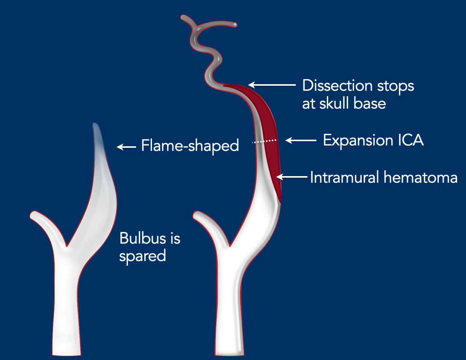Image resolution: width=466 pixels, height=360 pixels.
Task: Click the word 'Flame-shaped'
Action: tap(190, 146)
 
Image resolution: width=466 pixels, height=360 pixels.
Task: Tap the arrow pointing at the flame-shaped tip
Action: tap(126, 147)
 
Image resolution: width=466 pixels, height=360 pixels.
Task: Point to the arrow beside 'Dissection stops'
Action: tap(272, 85)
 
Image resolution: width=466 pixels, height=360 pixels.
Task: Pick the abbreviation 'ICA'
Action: tap(411, 140)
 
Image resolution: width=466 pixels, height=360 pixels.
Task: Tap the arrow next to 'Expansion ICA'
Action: tap(301, 140)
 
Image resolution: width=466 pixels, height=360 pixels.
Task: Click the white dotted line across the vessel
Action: tap(264, 141)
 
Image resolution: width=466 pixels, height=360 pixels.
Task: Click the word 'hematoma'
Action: tap(421, 177)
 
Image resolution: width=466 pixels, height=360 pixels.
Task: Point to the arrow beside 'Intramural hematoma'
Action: tap(292, 177)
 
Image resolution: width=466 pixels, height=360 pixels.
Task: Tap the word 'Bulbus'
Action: tap(142, 238)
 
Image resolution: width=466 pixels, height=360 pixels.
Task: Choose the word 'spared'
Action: tap(142, 256)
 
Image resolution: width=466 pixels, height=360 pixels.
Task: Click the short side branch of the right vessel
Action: tap(210, 225)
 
